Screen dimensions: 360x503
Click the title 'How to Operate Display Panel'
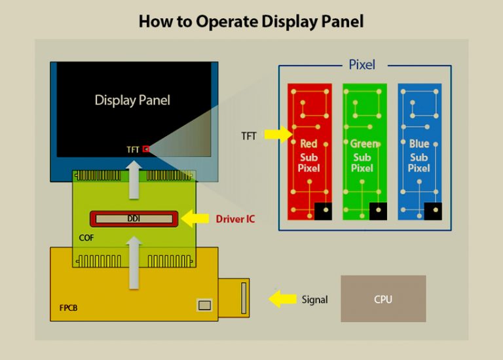(x=251, y=21)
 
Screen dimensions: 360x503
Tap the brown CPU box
(x=383, y=298)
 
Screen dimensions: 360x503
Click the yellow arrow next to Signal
(x=283, y=299)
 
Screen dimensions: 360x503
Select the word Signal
(x=314, y=300)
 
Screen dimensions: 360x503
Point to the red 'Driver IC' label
(x=235, y=219)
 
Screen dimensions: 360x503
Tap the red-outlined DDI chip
(x=134, y=219)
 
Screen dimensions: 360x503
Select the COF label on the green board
(x=85, y=238)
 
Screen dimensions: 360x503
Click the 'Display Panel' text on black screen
(x=132, y=100)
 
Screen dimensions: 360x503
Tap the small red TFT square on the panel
(x=146, y=149)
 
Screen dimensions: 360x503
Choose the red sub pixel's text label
(x=308, y=156)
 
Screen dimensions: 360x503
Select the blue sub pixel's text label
(x=419, y=156)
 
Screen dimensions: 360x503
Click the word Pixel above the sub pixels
(x=362, y=65)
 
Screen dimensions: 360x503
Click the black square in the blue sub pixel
(x=432, y=211)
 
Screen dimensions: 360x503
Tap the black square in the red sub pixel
(x=322, y=211)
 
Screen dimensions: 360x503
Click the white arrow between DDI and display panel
(x=134, y=180)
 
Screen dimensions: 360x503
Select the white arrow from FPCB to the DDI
(x=134, y=262)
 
